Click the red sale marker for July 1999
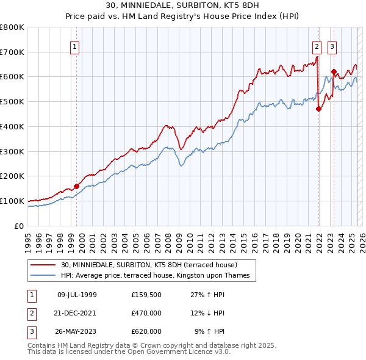pos(77,186)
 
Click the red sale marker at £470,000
pos(318,109)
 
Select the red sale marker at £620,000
pos(334,72)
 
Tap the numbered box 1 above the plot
pos(74,45)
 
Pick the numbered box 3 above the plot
pos(332,45)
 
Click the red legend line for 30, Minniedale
pos(44,265)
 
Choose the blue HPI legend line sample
pos(44,276)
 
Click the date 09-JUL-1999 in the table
pos(77,295)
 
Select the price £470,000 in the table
pos(146,313)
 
